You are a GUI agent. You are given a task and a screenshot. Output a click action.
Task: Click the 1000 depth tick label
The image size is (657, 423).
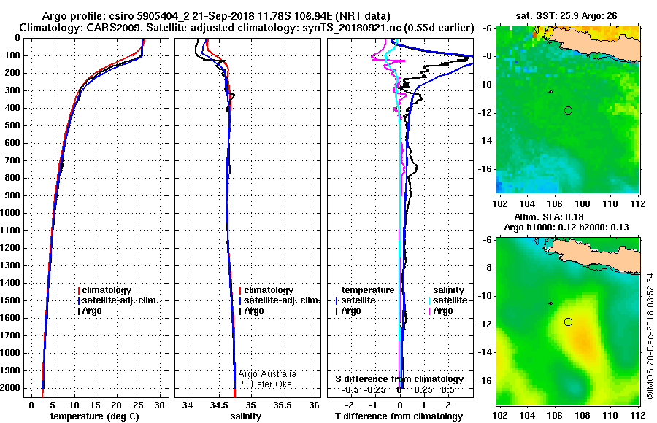[11, 213]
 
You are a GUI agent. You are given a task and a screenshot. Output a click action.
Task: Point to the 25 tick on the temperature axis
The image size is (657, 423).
[138, 405]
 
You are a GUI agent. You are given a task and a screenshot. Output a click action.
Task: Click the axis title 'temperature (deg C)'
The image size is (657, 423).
[95, 416]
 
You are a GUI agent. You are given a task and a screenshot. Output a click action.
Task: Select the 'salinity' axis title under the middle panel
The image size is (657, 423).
[246, 416]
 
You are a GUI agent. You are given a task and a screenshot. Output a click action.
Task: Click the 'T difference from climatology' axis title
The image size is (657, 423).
[399, 416]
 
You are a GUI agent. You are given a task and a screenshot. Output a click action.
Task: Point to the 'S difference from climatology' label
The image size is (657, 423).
[399, 379]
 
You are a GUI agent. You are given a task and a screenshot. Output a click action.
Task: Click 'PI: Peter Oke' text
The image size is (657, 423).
[265, 384]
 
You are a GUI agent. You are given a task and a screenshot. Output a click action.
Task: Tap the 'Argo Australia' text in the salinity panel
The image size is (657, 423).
[267, 374]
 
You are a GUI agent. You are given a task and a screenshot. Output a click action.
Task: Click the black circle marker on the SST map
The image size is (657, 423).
[568, 111]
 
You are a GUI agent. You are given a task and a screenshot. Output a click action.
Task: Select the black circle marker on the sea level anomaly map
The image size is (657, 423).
[568, 322]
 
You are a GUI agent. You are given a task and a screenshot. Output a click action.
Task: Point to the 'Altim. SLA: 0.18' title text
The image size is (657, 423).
[548, 217]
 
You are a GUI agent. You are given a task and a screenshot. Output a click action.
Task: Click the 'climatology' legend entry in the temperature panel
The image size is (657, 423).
[104, 290]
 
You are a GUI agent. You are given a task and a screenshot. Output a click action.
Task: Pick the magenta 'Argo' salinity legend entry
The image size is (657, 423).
[440, 311]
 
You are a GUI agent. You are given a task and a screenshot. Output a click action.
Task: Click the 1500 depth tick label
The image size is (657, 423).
[11, 300]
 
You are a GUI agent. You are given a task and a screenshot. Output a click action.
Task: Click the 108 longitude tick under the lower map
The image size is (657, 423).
[583, 416]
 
